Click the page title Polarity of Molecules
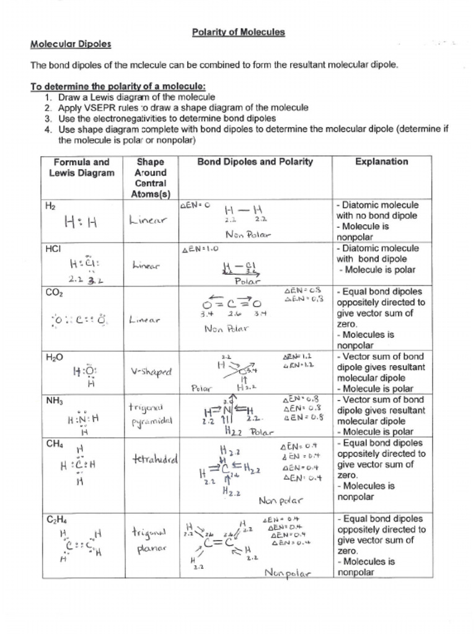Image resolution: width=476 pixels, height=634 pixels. click(x=238, y=33)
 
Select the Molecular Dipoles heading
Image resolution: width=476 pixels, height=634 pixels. click(x=71, y=44)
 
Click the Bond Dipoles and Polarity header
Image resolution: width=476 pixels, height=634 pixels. click(x=255, y=162)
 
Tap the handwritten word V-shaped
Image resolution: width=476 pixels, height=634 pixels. click(x=151, y=372)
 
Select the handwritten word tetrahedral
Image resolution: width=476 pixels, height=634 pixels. click(x=155, y=459)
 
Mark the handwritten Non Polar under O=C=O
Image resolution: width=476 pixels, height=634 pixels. click(x=225, y=329)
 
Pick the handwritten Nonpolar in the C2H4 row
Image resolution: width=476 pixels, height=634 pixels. click(x=287, y=573)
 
